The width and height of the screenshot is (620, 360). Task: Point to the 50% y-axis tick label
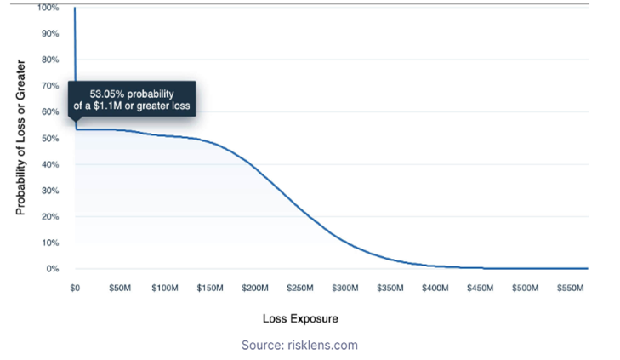(51, 138)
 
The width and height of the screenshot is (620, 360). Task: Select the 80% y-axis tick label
(51, 60)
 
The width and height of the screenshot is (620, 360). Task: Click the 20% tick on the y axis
(51, 216)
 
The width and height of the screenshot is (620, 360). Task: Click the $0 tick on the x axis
(75, 289)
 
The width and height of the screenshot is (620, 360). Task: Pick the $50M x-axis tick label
(119, 289)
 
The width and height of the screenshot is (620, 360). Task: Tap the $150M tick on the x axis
(211, 289)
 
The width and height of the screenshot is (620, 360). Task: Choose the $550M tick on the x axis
(571, 289)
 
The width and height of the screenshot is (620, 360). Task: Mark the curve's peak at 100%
(75, 8)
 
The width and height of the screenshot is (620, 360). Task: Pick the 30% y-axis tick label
(51, 190)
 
